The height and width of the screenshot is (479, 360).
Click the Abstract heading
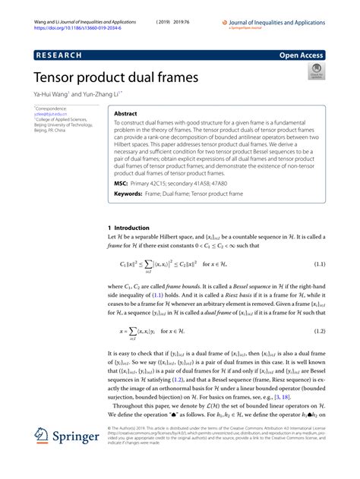coord(126,112)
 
